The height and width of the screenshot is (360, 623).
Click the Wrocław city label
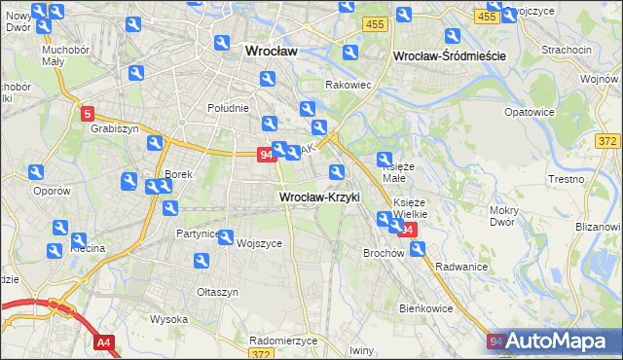coord(271,51)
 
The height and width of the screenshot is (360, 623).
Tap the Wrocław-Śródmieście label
coord(449,56)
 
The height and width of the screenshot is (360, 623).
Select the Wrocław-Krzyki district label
coord(319,197)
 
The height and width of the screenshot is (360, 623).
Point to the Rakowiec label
coord(348,85)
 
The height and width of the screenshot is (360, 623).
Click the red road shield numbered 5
coord(88,113)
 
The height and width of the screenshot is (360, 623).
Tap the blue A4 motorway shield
coord(104,342)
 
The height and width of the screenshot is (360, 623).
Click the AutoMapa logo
coord(554,342)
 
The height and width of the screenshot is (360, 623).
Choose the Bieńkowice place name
coord(426,307)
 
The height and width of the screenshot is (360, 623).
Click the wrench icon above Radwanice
coord(418,248)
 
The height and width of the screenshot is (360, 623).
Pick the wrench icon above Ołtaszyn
coord(202,261)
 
